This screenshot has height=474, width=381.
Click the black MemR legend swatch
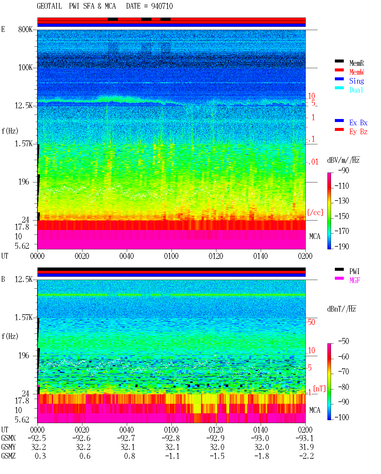click(x=339, y=61)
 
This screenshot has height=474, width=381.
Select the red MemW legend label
click(x=357, y=72)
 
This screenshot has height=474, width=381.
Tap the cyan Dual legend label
click(x=356, y=90)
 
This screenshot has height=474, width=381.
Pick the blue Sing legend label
click(x=357, y=81)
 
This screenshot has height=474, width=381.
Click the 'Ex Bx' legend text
click(x=358, y=123)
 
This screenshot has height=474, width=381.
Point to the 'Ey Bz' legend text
click(x=358, y=132)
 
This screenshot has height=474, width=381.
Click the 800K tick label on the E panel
click(x=25, y=29)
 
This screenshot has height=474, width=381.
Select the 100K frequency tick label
click(x=25, y=68)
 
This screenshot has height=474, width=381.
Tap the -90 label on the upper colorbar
click(x=343, y=170)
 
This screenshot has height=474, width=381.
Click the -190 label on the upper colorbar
click(x=342, y=246)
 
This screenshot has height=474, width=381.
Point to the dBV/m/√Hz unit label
click(x=343, y=160)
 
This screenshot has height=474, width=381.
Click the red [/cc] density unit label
click(x=315, y=212)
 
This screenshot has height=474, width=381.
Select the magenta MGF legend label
click(x=355, y=280)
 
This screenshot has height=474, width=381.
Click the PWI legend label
click(x=354, y=271)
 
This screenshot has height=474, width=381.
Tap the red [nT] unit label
click(x=319, y=388)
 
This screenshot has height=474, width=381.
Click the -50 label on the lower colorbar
click(x=343, y=341)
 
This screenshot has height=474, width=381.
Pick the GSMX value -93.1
click(x=304, y=438)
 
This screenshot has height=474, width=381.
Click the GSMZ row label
click(x=8, y=456)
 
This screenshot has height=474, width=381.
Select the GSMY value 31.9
click(x=306, y=447)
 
